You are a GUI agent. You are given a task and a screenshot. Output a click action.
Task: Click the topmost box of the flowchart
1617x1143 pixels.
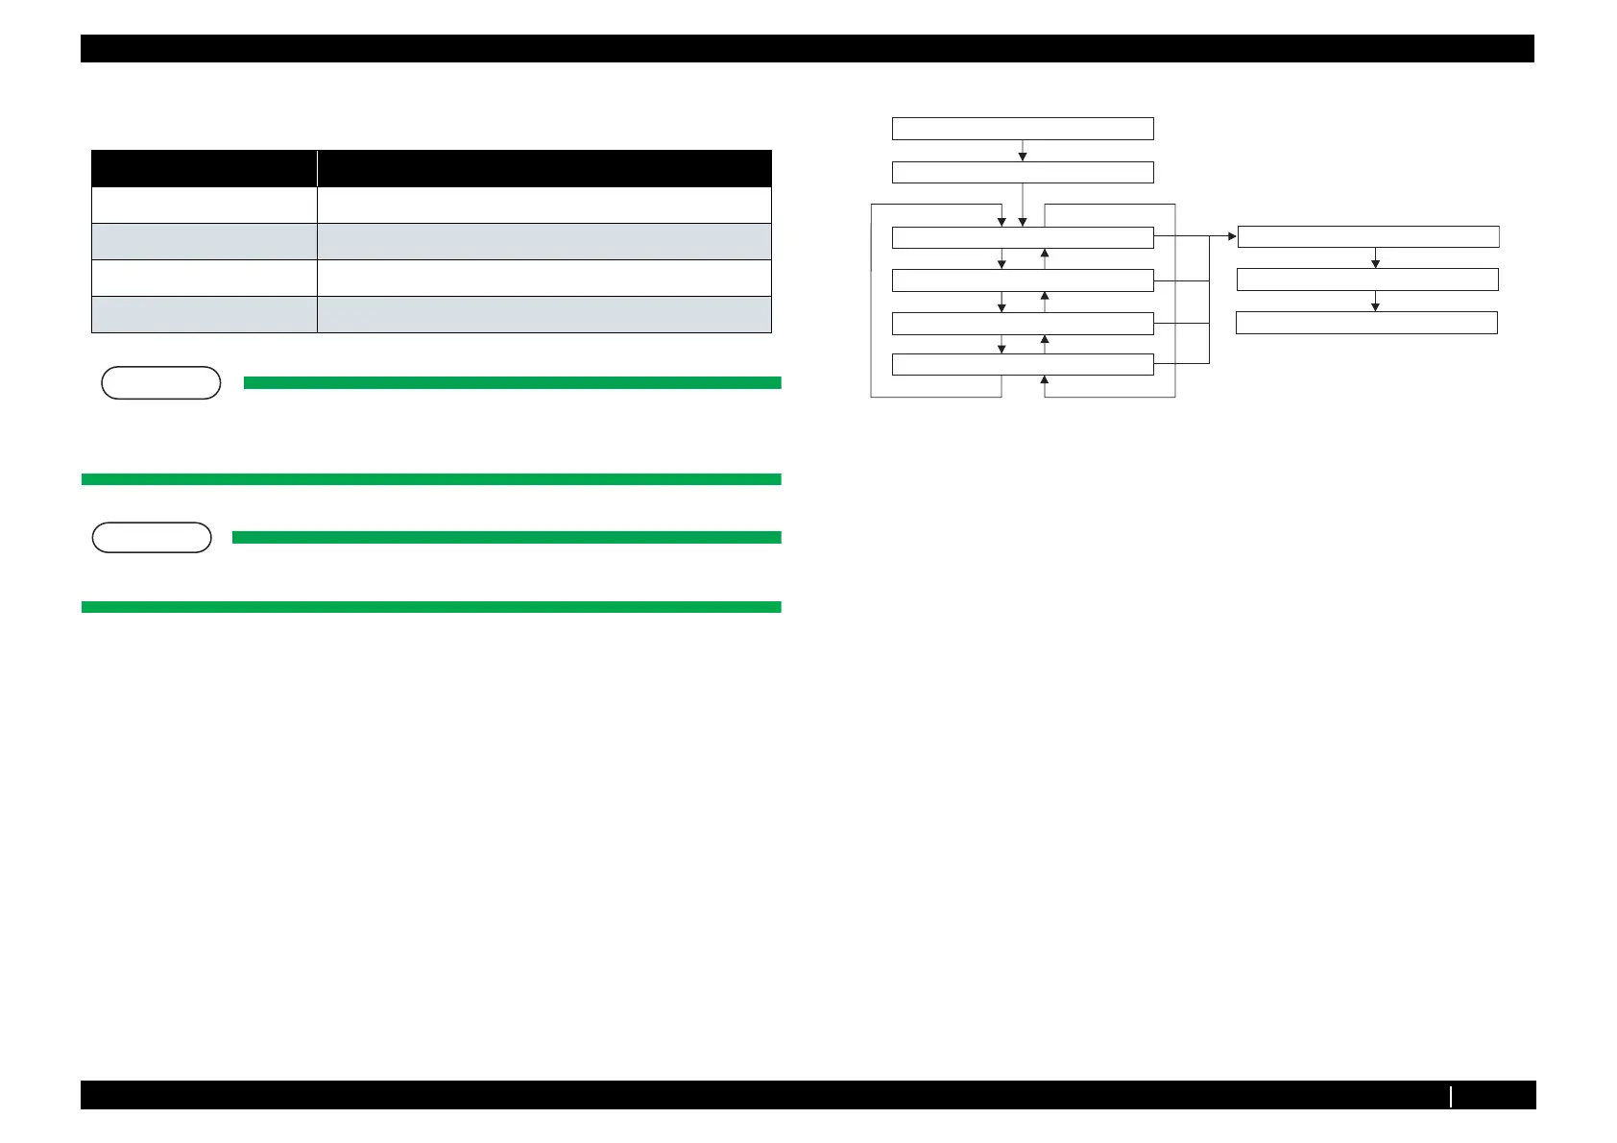(1023, 129)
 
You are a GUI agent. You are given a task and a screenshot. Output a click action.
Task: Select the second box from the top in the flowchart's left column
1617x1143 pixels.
(1023, 172)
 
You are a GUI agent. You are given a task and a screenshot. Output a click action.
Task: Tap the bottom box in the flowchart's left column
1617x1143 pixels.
(1023, 364)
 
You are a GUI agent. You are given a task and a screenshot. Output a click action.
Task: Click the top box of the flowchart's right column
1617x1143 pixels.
(1368, 236)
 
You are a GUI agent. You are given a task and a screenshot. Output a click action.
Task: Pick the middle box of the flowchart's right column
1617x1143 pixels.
(1367, 280)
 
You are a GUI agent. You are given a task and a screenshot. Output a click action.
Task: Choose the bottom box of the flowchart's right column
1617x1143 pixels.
(1366, 323)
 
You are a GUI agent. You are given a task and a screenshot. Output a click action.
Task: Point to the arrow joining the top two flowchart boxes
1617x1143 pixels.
(1023, 151)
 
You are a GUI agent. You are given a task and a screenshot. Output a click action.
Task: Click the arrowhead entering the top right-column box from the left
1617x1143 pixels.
(1232, 236)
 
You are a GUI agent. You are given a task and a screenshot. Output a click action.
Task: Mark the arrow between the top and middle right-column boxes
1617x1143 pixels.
(1375, 258)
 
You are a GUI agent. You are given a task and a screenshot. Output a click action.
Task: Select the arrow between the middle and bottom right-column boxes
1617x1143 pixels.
(1375, 302)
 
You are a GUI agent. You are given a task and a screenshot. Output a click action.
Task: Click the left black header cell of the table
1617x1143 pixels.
(204, 168)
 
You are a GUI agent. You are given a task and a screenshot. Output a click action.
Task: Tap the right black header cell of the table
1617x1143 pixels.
(544, 168)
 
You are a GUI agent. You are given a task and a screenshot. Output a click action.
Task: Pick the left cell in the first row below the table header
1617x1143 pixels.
(204, 205)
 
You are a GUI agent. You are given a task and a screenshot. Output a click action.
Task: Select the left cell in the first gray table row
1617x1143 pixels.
(204, 241)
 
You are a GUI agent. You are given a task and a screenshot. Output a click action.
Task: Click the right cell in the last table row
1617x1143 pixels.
(544, 314)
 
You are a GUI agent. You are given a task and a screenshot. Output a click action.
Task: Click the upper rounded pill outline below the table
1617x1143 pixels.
(160, 383)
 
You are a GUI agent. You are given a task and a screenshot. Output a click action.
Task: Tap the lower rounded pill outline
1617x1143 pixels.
(152, 538)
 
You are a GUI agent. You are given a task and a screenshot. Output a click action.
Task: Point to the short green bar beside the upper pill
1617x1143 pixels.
(512, 382)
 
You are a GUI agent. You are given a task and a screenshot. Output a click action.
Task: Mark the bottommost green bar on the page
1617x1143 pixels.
(431, 607)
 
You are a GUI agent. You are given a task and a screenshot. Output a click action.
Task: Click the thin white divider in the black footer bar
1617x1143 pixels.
(1451, 1095)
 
